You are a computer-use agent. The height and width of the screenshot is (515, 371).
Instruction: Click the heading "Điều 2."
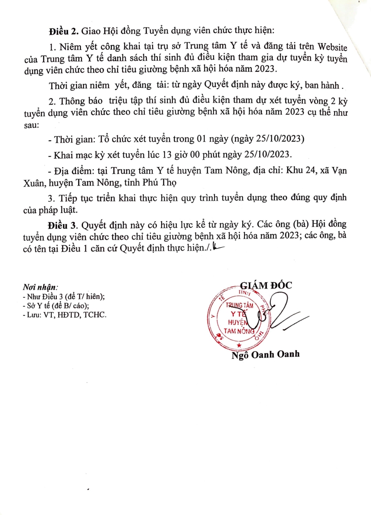(64, 31)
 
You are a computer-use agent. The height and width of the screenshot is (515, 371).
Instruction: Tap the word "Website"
(332, 47)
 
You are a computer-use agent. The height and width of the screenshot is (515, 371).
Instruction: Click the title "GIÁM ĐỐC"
(266, 286)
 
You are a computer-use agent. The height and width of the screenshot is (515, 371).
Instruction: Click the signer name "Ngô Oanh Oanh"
(265, 355)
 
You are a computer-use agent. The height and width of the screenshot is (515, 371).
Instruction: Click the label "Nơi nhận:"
(40, 287)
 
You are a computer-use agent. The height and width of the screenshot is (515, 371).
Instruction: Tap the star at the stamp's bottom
(239, 345)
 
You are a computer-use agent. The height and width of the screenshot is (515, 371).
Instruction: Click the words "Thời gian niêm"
(79, 85)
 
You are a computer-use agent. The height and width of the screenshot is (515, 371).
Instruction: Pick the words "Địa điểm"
(71, 171)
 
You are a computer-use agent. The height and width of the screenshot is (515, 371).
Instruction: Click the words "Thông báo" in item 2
(81, 101)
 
